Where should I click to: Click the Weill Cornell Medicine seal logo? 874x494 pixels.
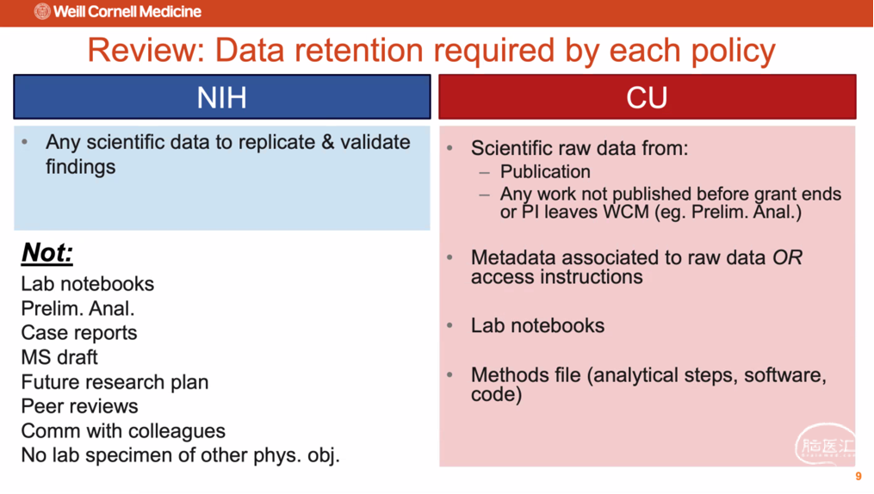tap(42, 11)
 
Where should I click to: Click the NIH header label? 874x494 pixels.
tap(222, 97)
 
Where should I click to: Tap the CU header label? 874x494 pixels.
tap(647, 97)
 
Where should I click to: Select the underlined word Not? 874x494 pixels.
tap(47, 252)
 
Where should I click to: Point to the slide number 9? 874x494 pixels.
tap(859, 476)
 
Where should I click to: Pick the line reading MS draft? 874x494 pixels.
tap(59, 357)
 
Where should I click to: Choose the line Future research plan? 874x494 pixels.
tap(115, 382)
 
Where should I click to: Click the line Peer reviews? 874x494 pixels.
tap(80, 406)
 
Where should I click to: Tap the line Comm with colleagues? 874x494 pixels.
tap(123, 431)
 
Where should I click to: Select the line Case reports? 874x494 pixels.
tap(79, 333)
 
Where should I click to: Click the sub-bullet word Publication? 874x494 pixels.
tap(545, 171)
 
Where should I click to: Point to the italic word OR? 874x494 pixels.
tap(787, 257)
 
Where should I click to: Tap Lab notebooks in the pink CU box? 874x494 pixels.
tap(538, 325)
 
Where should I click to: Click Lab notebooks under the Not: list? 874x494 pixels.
tap(88, 284)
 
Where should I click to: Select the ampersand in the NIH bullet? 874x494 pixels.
tap(328, 142)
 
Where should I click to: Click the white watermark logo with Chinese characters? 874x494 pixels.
tap(826, 444)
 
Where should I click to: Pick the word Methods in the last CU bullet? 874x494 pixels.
tap(510, 375)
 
